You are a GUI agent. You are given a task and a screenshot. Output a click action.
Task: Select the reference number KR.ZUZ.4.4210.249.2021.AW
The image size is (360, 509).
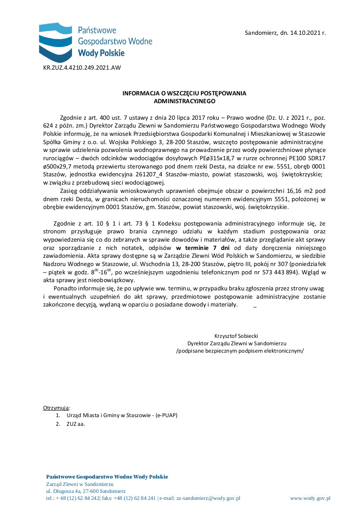click(x=82, y=67)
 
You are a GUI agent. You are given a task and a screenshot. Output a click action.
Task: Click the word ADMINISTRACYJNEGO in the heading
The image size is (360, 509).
click(x=184, y=101)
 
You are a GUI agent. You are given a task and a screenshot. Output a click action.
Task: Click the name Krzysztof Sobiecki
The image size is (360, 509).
click(x=236, y=336)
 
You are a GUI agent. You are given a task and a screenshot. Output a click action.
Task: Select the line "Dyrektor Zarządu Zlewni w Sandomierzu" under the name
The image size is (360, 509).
click(x=237, y=344)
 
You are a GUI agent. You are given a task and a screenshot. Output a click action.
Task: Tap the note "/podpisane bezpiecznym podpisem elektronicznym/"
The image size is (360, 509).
click(x=240, y=351)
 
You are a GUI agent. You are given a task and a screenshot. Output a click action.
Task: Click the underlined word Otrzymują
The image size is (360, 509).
click(x=56, y=408)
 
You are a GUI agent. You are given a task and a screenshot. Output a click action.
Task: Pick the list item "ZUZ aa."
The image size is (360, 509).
click(x=76, y=424)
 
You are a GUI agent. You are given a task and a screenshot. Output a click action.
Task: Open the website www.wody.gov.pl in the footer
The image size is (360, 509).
click(x=310, y=498)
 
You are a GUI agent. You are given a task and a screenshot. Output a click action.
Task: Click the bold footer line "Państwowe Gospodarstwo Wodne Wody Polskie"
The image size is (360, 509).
click(x=107, y=477)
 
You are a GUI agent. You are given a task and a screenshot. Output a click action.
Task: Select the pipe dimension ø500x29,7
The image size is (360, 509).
click(x=60, y=167)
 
